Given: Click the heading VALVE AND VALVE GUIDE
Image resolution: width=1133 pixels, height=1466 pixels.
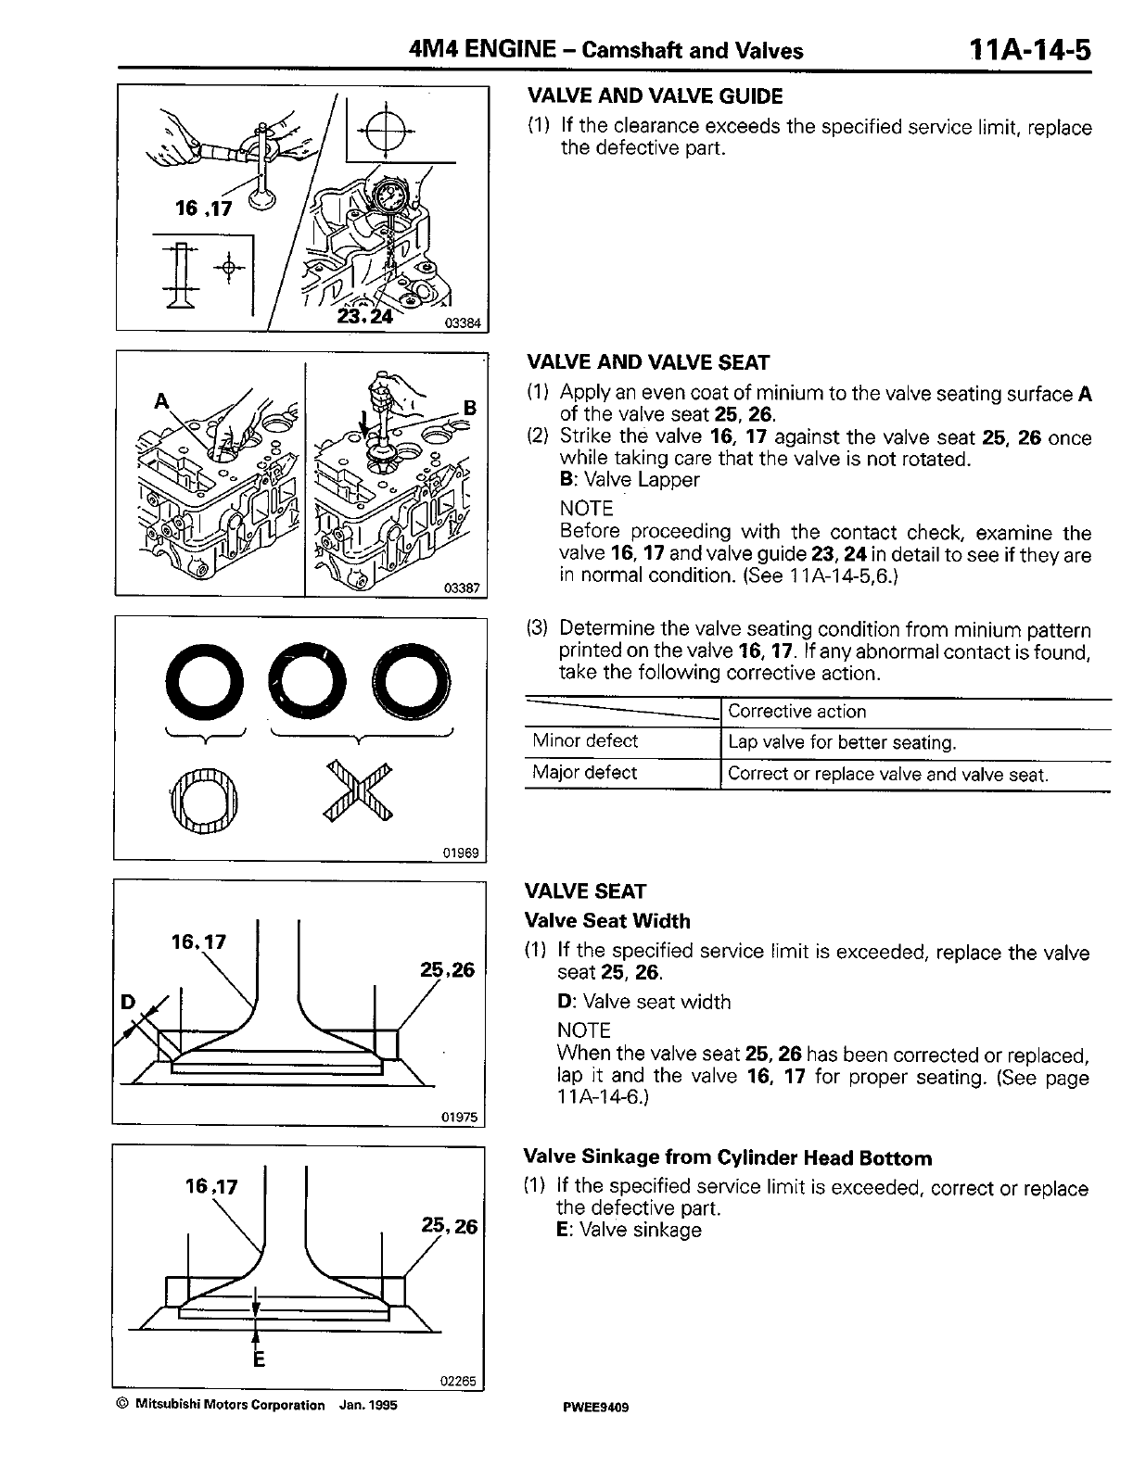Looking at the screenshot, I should (x=655, y=96).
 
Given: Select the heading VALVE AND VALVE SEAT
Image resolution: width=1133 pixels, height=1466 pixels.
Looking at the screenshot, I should (x=648, y=362).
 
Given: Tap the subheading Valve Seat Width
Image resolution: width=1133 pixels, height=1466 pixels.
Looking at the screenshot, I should (x=607, y=921).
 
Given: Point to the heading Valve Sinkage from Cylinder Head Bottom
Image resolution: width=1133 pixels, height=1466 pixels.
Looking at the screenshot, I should (x=728, y=1158).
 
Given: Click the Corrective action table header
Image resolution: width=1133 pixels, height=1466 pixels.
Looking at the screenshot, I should (x=797, y=712).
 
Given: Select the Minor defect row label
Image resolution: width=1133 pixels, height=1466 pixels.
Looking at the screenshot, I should (x=585, y=741).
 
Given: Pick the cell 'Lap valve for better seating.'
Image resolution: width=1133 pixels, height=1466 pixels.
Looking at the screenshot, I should (x=842, y=743).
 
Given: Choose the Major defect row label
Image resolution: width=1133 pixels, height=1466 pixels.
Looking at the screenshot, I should (x=585, y=773).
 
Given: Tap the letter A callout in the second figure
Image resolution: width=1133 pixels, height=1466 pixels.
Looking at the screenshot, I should (x=162, y=401).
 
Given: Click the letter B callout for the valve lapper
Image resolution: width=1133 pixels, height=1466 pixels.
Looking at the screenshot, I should (x=469, y=407).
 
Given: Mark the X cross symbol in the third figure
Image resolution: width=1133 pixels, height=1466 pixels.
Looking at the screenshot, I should (x=360, y=790).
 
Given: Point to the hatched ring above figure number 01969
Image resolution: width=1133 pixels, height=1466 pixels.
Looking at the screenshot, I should (x=204, y=796).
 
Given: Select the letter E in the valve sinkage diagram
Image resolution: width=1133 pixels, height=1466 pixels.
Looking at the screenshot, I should (x=259, y=1359).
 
